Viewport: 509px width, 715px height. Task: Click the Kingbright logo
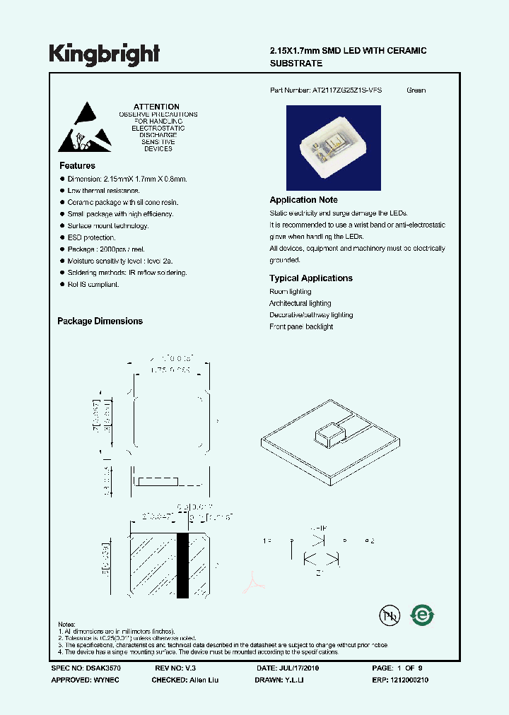pos(105,54)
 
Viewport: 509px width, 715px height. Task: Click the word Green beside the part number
pos(416,90)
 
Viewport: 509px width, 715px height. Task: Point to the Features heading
pos(77,165)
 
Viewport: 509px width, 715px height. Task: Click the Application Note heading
pos(303,200)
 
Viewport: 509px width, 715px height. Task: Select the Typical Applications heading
pos(311,278)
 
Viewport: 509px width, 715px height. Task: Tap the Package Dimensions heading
pos(100,321)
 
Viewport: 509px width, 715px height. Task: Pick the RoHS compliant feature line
pos(93,284)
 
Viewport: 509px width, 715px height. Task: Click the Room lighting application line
pos(290,292)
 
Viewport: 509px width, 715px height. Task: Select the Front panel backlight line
pos(301,327)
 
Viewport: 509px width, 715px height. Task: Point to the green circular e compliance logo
pos(423,614)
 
